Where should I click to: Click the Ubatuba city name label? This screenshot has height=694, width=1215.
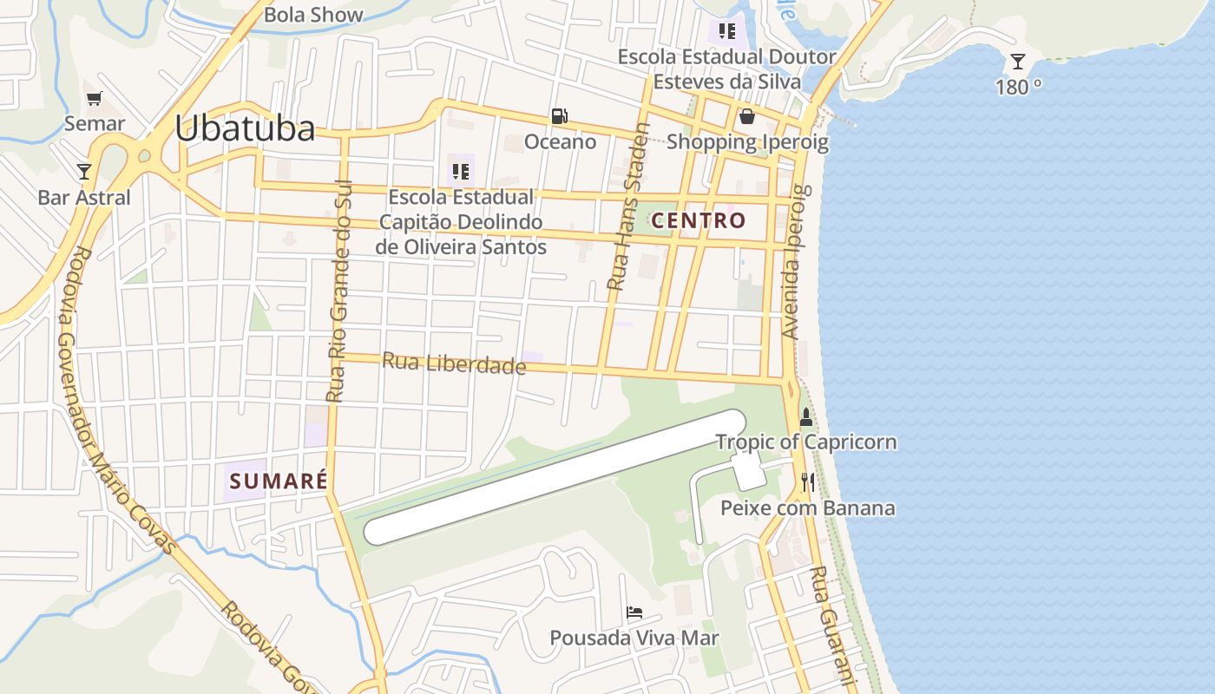245,128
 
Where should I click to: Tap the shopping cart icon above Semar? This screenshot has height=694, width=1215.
94,98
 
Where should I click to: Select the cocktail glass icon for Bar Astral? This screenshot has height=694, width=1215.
84,171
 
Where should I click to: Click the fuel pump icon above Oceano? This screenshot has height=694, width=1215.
560,115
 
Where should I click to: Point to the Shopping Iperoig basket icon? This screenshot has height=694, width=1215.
746,116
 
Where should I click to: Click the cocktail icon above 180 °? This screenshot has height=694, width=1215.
1018,62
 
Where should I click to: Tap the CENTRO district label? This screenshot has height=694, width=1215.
698,220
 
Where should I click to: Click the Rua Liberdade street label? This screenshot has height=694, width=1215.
454,363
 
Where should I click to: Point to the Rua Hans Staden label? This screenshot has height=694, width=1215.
627,206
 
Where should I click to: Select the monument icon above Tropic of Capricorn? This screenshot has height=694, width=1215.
806,417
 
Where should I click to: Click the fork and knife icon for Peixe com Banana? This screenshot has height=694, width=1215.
808,482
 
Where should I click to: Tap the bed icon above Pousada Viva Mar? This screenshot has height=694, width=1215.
634,612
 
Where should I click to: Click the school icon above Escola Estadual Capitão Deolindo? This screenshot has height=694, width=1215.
460,171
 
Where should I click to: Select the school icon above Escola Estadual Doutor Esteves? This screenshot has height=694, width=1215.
727,32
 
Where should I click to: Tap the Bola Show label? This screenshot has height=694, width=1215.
313,15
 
